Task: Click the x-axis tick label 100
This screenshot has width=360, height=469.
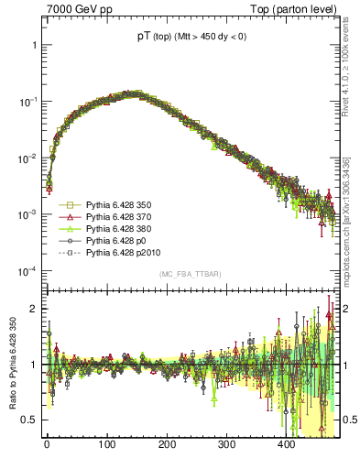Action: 107,444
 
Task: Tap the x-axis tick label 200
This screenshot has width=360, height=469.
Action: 168,444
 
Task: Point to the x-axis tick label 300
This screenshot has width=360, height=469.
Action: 227,444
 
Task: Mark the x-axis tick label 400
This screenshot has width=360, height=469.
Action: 288,444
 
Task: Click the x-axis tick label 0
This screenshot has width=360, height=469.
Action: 47,444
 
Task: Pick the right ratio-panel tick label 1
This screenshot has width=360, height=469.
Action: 344,365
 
